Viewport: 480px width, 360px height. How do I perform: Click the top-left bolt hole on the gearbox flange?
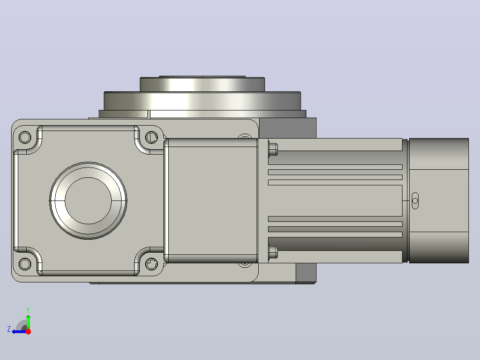25,137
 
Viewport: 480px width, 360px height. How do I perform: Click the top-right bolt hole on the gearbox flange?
151,137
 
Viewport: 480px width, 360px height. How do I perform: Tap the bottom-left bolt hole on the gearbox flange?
25,264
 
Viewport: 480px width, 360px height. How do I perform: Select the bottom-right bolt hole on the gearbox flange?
151,264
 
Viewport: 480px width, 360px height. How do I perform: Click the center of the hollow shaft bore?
88,200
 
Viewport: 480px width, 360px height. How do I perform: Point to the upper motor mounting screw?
273,149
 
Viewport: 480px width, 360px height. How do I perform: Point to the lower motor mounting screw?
273,252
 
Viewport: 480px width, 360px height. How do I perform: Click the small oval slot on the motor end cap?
415,200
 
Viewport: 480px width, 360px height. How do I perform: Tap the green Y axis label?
28,310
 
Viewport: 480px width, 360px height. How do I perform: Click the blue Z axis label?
9,329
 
